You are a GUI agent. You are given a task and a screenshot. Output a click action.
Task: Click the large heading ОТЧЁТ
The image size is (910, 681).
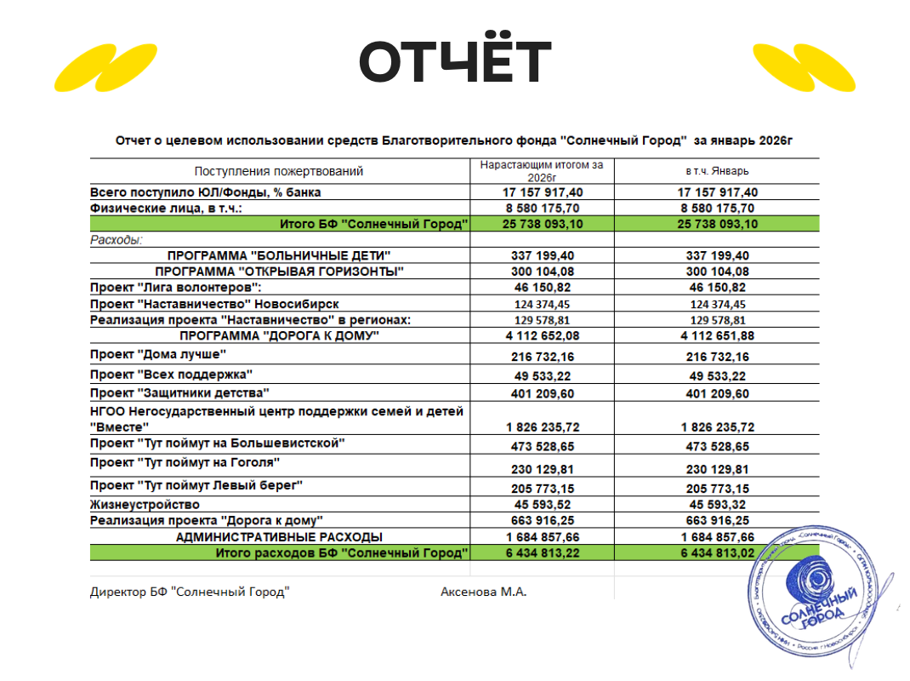pyautogui.click(x=455, y=60)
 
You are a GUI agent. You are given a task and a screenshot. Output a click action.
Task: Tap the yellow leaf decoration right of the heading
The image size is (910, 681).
pyautogui.click(x=803, y=67)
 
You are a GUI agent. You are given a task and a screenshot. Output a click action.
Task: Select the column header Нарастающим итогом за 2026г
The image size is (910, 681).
pyautogui.click(x=541, y=171)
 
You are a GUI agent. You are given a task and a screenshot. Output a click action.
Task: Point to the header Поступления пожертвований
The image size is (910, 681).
pyautogui.click(x=279, y=171)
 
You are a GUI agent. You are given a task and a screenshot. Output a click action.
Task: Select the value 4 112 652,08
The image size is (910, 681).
pyautogui.click(x=542, y=336)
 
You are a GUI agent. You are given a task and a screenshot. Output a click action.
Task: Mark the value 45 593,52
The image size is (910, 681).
pyautogui.click(x=542, y=504)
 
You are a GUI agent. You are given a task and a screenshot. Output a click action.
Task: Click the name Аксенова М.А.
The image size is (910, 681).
pyautogui.click(x=483, y=592)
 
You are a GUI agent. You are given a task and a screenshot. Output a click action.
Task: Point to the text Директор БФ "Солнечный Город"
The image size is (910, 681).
pyautogui.click(x=190, y=592)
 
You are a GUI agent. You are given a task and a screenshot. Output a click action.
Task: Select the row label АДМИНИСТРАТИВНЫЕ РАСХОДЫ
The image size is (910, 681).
pyautogui.click(x=279, y=536)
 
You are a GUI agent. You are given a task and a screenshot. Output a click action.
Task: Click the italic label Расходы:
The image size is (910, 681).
pyautogui.click(x=117, y=240)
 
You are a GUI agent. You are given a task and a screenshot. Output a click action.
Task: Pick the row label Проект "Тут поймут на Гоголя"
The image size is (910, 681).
pyautogui.click(x=185, y=462)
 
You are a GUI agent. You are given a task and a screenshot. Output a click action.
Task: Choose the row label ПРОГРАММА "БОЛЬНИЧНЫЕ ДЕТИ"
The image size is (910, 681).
pyautogui.click(x=279, y=256)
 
